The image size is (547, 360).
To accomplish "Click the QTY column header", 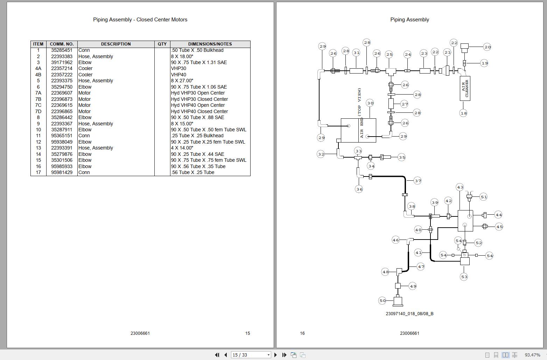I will coord(162,44).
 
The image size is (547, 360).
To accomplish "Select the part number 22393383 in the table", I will coord(62,56).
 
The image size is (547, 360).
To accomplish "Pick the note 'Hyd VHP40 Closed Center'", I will coord(199,111).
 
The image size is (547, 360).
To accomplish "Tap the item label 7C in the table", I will coord(38,105).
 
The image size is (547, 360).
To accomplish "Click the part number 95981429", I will coord(62,172).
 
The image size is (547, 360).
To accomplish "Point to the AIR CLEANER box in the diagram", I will coord(465,89).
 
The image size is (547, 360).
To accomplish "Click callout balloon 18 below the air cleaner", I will coord(463,113).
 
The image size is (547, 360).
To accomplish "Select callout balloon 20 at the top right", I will coord(487,47).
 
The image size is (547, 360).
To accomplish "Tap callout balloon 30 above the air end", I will coord(370,103).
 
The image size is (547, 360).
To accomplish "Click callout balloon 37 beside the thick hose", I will coord(418,181).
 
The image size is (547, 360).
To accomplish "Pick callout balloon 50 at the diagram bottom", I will coord(383,300).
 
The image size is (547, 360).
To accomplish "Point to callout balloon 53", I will coord(464,277).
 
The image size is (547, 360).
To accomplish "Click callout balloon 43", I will coord(460,187).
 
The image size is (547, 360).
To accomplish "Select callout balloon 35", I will coord(401,157).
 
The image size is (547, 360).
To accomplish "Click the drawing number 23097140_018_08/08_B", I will coord(409,314).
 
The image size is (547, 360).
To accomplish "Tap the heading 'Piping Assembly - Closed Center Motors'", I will coord(140,20).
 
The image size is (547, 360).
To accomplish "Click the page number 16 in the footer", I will coord(302,333).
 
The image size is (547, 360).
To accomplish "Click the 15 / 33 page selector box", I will coord(251,355).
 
